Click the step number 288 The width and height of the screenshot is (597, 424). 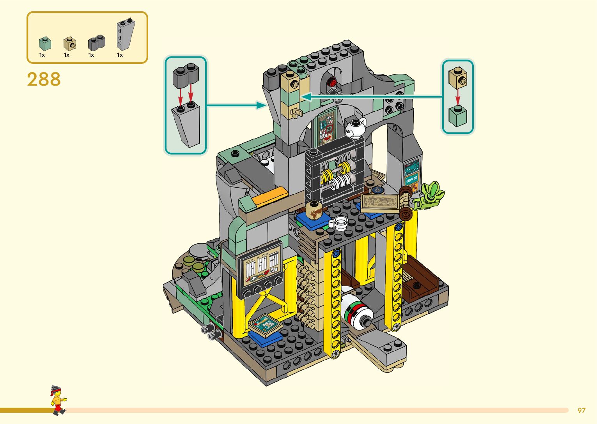click(x=44, y=79)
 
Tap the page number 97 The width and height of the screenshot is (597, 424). click(x=581, y=410)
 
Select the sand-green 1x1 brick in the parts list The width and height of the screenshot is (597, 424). click(x=45, y=44)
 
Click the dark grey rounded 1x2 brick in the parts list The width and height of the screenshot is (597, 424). click(x=97, y=42)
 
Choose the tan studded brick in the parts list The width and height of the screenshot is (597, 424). click(x=69, y=44)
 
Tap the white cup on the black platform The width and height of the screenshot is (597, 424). click(x=339, y=222)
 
